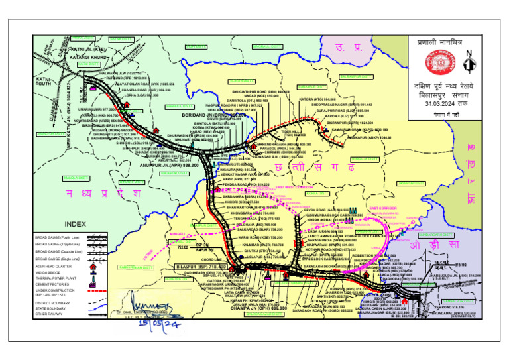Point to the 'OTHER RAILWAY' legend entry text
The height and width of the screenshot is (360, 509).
tap(50, 314)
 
